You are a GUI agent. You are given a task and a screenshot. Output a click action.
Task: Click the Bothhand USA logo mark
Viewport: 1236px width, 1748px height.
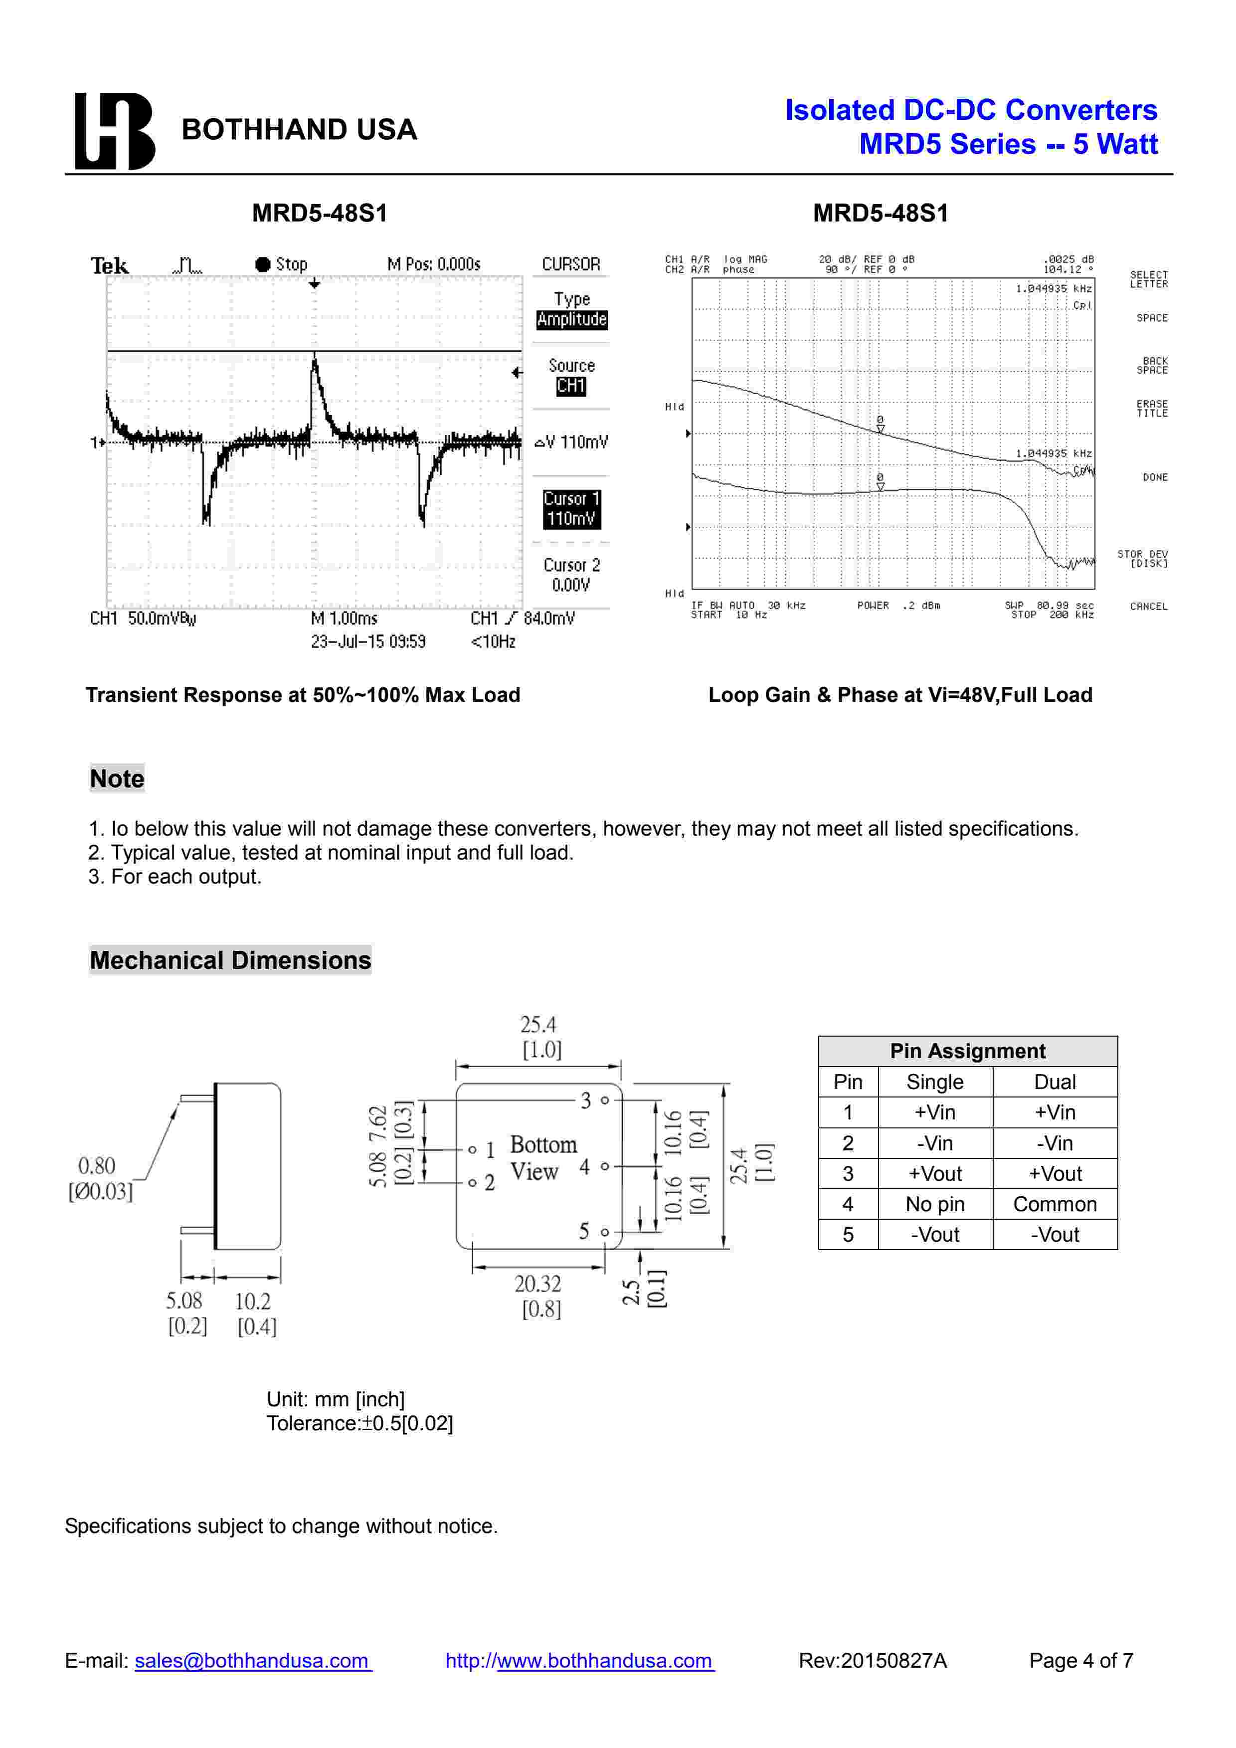click(x=114, y=131)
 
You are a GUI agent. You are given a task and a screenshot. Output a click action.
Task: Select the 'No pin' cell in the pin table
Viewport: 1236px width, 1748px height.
click(x=935, y=1204)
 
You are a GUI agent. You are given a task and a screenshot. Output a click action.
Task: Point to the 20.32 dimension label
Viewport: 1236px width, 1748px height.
click(x=537, y=1285)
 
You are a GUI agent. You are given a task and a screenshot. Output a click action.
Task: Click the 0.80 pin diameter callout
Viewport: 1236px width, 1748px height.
click(x=97, y=1166)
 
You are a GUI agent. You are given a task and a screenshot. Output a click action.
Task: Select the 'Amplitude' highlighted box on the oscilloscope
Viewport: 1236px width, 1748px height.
click(x=571, y=320)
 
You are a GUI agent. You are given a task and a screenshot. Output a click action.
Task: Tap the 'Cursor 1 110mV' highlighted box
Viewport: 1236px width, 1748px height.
click(x=571, y=508)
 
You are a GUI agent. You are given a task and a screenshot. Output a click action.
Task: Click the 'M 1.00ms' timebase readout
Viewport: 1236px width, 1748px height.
click(x=344, y=618)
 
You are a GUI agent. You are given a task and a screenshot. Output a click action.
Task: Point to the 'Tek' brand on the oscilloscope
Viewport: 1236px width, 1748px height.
click(x=110, y=266)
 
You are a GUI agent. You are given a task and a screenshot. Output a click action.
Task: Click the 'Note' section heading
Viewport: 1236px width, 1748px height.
click(x=117, y=778)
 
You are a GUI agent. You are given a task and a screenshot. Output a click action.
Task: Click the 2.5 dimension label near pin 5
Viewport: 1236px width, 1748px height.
click(x=631, y=1292)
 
